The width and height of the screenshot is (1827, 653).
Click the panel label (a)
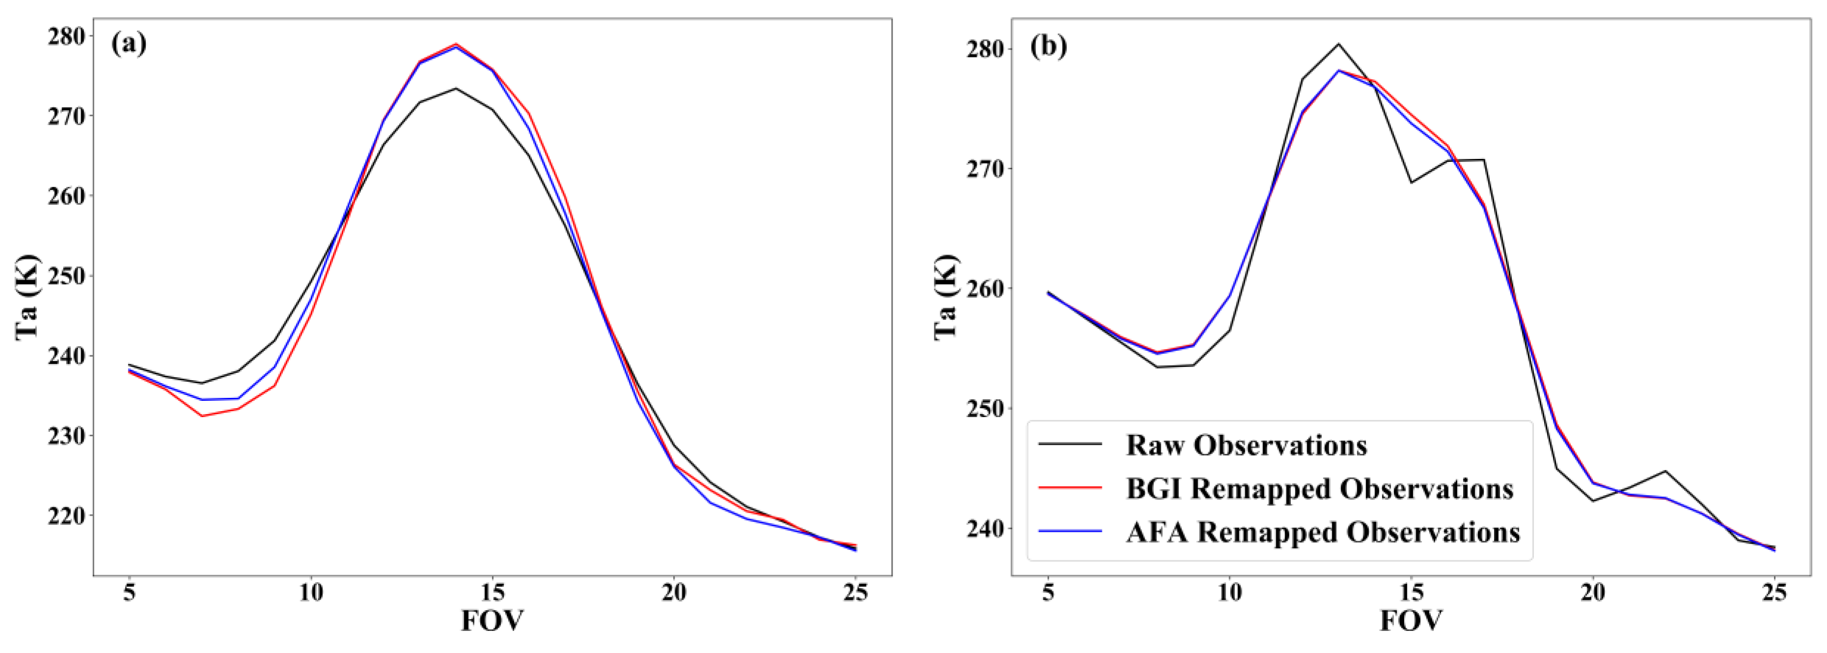click(128, 44)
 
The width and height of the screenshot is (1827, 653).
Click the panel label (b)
click(1048, 47)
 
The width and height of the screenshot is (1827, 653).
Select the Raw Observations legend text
click(1246, 445)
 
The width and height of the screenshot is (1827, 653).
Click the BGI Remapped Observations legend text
click(1319, 489)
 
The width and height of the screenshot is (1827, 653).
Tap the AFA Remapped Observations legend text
click(1323, 532)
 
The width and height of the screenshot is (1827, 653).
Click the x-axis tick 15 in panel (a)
click(492, 593)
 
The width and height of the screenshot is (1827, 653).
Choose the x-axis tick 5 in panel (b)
click(1048, 593)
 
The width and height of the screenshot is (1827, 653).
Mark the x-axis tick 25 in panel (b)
click(1774, 593)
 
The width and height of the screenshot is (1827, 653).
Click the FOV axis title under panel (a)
click(492, 621)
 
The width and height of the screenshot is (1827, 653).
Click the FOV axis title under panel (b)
click(1411, 621)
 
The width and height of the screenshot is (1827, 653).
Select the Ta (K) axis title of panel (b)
click(946, 298)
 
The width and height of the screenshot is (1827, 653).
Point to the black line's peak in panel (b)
click(1338, 44)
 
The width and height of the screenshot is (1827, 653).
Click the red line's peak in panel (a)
click(456, 44)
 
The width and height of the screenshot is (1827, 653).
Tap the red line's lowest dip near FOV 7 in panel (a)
click(203, 416)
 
